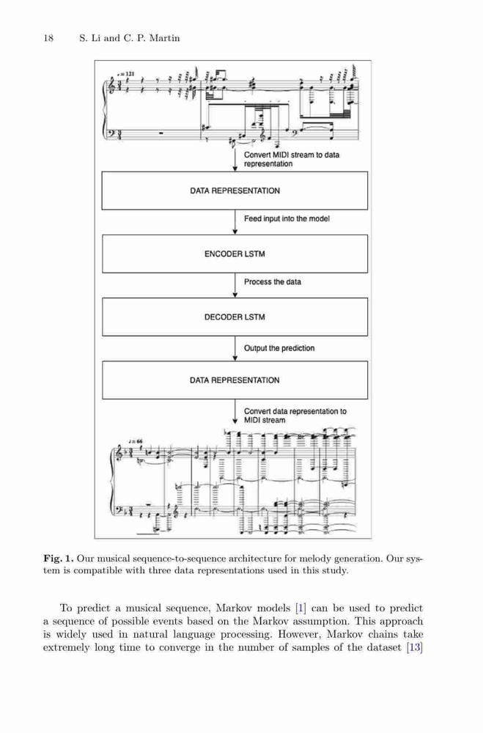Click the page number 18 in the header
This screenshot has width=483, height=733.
tap(48, 38)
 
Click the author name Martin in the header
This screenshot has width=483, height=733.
tap(164, 38)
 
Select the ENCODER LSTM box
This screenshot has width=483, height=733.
tap(235, 254)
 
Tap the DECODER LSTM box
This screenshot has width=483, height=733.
tap(235, 317)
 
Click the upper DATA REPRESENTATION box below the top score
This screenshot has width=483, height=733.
tap(235, 191)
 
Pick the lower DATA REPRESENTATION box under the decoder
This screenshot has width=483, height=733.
tap(235, 380)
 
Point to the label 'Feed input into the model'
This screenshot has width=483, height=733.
tap(287, 218)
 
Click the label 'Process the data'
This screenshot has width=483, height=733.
tap(273, 282)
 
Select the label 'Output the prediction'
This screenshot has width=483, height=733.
tap(279, 348)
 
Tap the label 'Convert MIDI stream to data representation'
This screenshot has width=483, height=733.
tap(292, 159)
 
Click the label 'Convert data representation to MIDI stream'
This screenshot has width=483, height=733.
tap(295, 416)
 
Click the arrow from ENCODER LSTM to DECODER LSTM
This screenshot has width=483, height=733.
tap(235, 285)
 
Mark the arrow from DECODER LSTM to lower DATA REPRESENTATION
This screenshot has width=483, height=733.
tap(235, 348)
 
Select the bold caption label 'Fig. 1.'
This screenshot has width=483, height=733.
tap(59, 559)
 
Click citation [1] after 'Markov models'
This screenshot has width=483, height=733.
tap(301, 608)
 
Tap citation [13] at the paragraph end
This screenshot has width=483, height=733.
tap(415, 648)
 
